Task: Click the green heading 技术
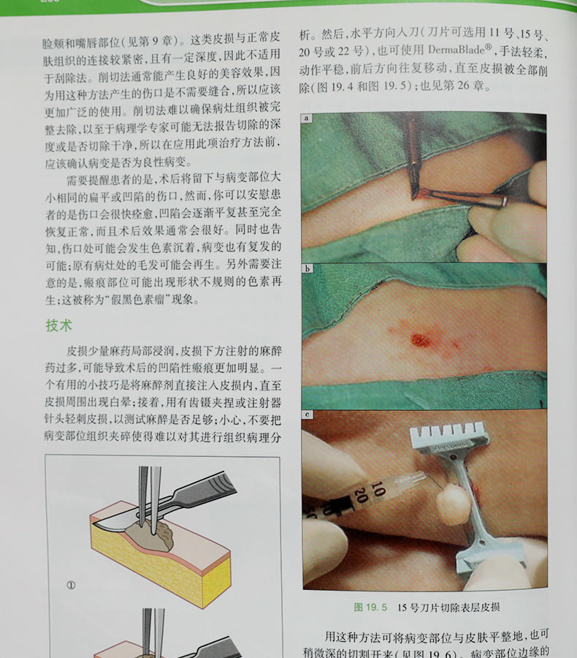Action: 58,325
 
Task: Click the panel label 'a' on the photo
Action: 307,118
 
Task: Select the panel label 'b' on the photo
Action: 307,268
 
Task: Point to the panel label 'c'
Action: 307,415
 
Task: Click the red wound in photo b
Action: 421,340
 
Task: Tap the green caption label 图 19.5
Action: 370,608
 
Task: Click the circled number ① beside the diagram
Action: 71,585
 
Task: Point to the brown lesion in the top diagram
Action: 150,536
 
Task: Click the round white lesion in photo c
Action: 452,504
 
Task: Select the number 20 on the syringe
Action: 360,493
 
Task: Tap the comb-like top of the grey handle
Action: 449,436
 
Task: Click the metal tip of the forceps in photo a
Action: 504,203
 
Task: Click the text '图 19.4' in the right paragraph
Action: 335,86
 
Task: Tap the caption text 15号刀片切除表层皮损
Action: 448,608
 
